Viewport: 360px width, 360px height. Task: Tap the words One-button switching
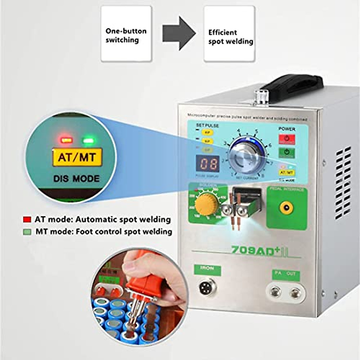pyautogui.click(x=126, y=36)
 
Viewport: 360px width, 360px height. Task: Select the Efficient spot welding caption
pyautogui.click(x=230, y=37)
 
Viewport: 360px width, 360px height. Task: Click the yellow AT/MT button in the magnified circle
pyautogui.click(x=77, y=157)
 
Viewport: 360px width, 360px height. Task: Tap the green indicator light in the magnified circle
pyautogui.click(x=88, y=140)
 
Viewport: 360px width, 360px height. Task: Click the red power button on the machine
pyautogui.click(x=287, y=139)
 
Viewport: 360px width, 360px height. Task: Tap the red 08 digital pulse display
pyautogui.click(x=209, y=164)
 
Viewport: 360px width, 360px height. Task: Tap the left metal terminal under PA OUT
pyautogui.click(x=276, y=291)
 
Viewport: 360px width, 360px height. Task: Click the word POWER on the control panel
pyautogui.click(x=287, y=129)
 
